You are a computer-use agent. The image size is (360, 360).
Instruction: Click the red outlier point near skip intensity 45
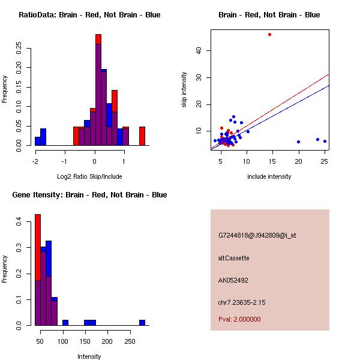pyautogui.click(x=269, y=34)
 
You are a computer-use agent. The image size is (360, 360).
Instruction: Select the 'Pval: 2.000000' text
pyautogui.click(x=239, y=319)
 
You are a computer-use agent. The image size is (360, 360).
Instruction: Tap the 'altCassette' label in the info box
pyautogui.click(x=233, y=258)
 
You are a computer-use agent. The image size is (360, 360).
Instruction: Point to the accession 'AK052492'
pyautogui.click(x=233, y=280)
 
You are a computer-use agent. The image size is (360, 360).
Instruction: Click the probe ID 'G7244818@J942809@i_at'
pyautogui.click(x=257, y=235)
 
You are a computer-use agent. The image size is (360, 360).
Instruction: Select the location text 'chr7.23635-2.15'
pyautogui.click(x=242, y=302)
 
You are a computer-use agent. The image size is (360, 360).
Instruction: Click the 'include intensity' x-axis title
pyautogui.click(x=269, y=176)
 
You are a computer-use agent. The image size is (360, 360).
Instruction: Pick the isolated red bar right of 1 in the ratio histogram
pyautogui.click(x=142, y=136)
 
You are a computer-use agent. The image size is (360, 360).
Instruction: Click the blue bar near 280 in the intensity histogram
pyautogui.click(x=142, y=322)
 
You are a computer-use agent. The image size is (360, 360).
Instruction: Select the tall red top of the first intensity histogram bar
pyautogui.click(x=37, y=246)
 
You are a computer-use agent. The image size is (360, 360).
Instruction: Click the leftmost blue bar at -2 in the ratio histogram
pyautogui.click(x=37, y=141)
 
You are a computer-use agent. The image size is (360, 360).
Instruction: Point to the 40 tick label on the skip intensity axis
pyautogui.click(x=199, y=50)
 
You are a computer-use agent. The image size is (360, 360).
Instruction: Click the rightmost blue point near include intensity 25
pyautogui.click(x=325, y=142)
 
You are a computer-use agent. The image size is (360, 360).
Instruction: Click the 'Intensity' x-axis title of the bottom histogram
pyautogui.click(x=89, y=356)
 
